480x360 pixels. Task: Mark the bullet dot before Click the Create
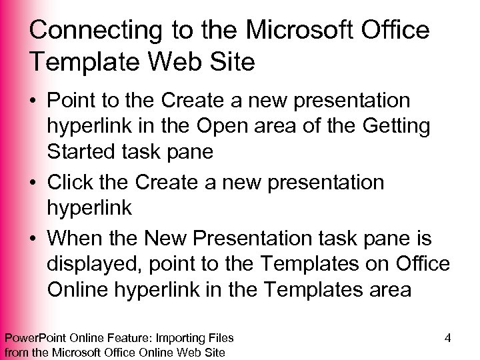point(35,182)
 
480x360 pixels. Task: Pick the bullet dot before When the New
point(35,239)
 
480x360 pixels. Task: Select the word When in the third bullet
point(78,239)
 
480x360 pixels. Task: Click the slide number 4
point(447,337)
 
